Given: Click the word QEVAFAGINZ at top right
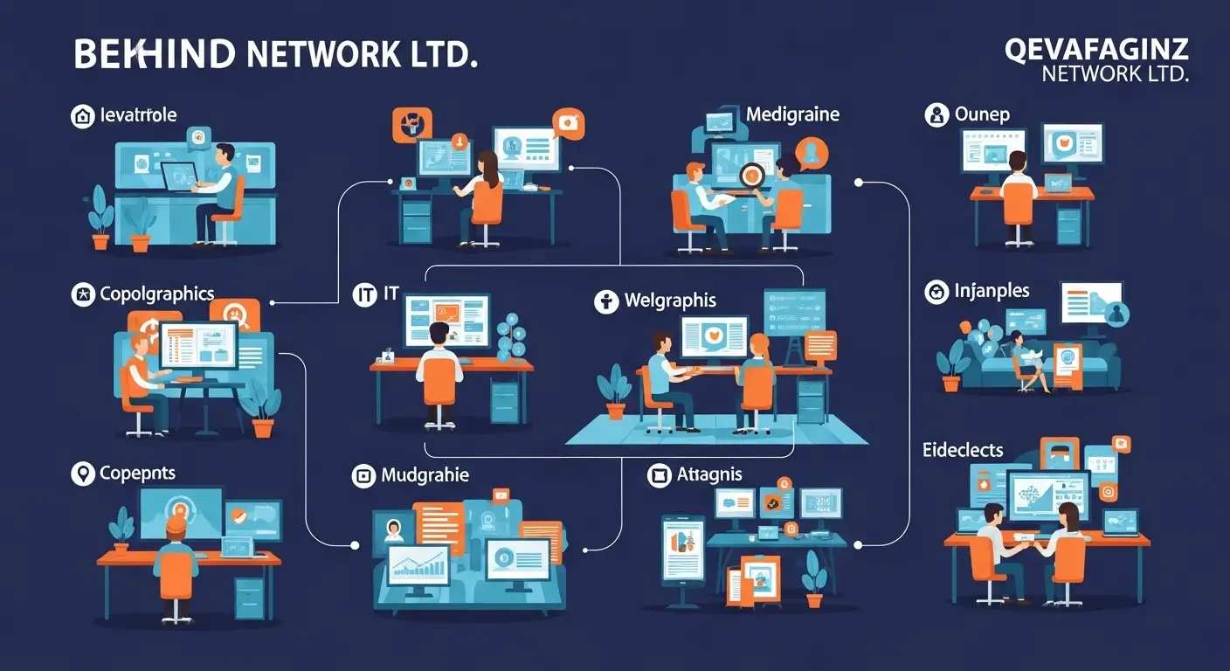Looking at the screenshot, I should click(1097, 50).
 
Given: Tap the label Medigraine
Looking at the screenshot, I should click(792, 114).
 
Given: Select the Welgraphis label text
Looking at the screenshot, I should click(670, 301).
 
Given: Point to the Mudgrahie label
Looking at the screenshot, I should click(425, 475).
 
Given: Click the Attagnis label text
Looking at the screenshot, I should click(709, 474).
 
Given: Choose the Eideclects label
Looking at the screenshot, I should click(963, 451).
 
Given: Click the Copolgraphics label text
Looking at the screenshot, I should click(156, 294).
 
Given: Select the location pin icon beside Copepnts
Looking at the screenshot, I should click(83, 474).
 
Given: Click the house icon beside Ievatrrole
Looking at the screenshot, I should click(83, 116).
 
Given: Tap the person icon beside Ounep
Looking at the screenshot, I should click(936, 114).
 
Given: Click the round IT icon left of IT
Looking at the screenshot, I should click(363, 294).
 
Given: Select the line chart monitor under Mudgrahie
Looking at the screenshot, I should click(418, 566).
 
